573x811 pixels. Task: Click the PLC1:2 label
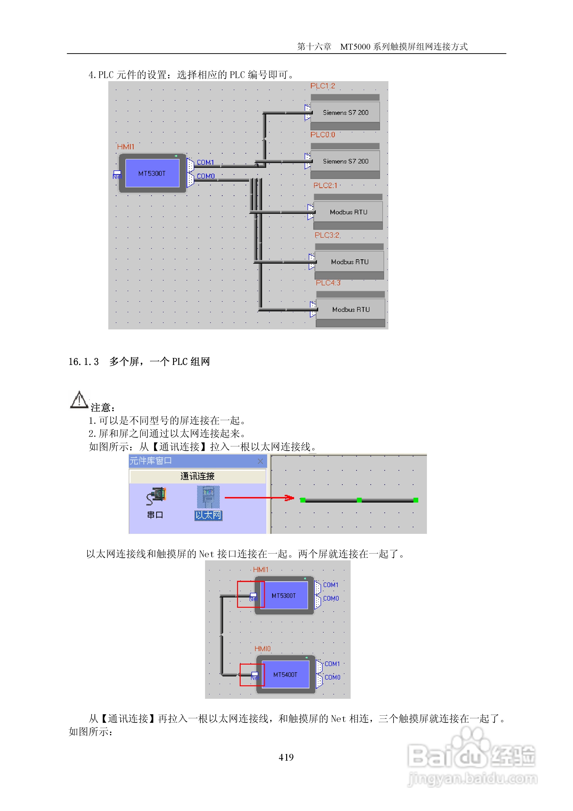click(x=322, y=86)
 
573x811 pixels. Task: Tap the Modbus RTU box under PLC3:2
click(x=349, y=262)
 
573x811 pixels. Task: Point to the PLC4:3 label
click(x=328, y=283)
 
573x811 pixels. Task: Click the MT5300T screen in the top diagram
click(x=152, y=173)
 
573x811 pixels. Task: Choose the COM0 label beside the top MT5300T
click(x=206, y=176)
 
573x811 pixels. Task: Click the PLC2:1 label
click(x=325, y=185)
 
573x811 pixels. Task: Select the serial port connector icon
click(x=156, y=496)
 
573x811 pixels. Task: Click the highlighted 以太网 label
click(x=208, y=515)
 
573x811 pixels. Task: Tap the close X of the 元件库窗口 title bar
click(x=260, y=461)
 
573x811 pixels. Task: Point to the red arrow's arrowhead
click(x=290, y=498)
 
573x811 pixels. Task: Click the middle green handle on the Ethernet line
click(x=359, y=500)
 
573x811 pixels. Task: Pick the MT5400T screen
click(x=285, y=674)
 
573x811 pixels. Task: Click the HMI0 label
click(x=262, y=648)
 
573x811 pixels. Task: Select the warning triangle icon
click(x=79, y=400)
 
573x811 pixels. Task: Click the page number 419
click(x=286, y=757)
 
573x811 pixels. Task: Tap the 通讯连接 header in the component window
click(x=197, y=476)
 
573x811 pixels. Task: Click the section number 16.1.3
click(x=84, y=362)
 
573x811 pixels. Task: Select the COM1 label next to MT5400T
click(x=332, y=664)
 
